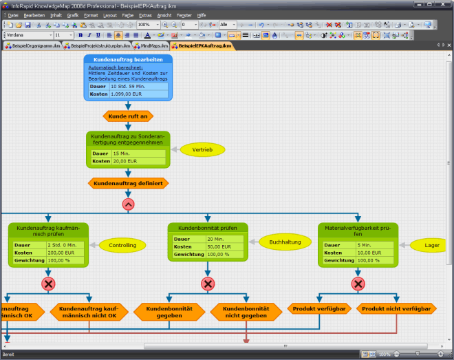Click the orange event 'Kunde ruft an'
point(128,116)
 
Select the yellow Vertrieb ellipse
point(202,149)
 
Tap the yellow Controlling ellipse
point(122,244)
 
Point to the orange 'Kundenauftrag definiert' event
point(129,184)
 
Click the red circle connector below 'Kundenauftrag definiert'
point(129,204)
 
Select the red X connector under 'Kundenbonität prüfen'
point(208,284)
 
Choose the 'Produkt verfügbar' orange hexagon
point(318,309)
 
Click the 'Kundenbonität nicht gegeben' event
point(246,313)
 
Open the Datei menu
point(14,14)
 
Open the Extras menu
point(144,14)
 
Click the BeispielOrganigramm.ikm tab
point(33,45)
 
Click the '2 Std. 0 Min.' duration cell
point(65,245)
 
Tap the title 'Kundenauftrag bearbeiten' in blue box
point(128,61)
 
